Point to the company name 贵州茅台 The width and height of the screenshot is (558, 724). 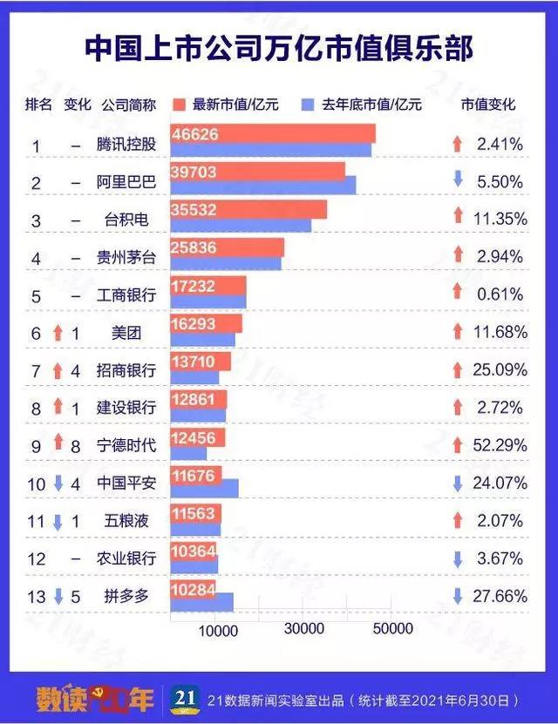click(126, 258)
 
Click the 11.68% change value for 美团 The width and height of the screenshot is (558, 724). click(501, 331)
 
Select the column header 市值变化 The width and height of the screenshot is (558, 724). click(487, 105)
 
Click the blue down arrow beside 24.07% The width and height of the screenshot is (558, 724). click(458, 483)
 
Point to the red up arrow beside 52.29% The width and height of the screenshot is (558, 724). click(458, 444)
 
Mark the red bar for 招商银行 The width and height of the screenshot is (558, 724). click(201, 361)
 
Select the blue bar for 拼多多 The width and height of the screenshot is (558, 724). click(201, 601)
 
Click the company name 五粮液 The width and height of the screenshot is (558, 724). click(126, 521)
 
